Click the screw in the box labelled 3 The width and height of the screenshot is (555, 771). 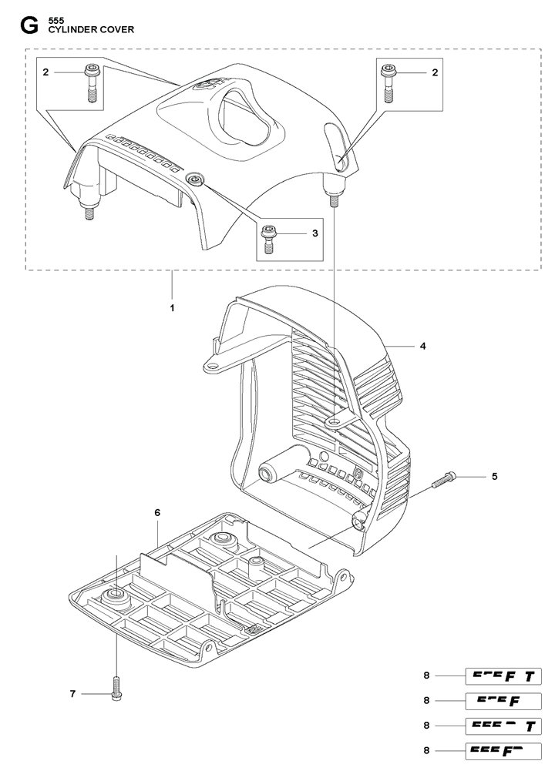[x=270, y=239]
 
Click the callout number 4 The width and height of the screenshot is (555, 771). [x=423, y=347]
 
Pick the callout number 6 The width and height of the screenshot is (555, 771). [x=157, y=512]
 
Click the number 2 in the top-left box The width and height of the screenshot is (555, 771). [x=46, y=72]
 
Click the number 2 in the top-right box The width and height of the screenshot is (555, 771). [x=435, y=72]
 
